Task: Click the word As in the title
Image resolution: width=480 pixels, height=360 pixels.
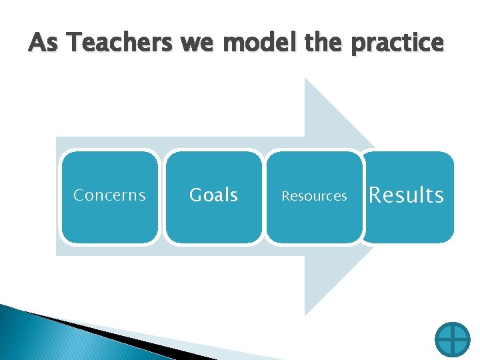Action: point(45,43)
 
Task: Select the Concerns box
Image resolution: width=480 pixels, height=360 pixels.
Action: point(109,196)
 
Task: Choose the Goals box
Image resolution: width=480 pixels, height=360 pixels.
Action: point(213,196)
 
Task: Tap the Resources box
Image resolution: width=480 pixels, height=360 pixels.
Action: point(314,196)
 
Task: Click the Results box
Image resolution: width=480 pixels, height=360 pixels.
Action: point(407,196)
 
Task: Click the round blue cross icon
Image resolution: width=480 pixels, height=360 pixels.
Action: point(452,339)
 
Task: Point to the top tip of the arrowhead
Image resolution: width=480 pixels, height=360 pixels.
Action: point(305,79)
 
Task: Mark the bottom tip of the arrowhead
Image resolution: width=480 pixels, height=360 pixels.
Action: point(305,314)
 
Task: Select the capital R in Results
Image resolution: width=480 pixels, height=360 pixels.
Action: point(375,195)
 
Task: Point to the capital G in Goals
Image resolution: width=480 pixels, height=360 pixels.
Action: point(196,195)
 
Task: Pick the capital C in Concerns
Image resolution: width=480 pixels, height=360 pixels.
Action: point(78,195)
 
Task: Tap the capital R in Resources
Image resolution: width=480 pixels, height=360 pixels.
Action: point(285,196)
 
